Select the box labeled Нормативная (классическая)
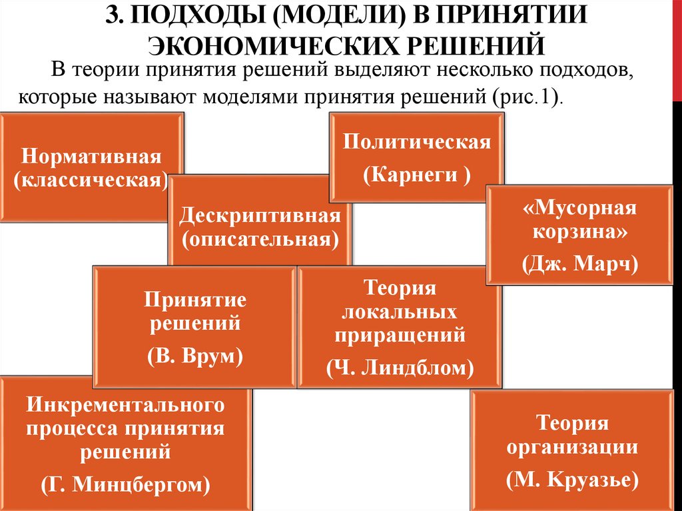pyautogui.click(x=91, y=168)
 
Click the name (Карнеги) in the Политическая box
pyautogui.click(x=417, y=175)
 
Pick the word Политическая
pyautogui.click(x=417, y=142)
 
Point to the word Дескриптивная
pyautogui.click(x=260, y=217)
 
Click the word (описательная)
pyautogui.click(x=260, y=239)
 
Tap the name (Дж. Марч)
pyautogui.click(x=579, y=264)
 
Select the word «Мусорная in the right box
pyautogui.click(x=579, y=207)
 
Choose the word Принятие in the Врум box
pyautogui.click(x=195, y=300)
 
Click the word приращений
pyautogui.click(x=400, y=335)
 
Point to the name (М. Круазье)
pyautogui.click(x=573, y=478)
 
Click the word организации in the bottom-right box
pyautogui.click(x=573, y=447)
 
